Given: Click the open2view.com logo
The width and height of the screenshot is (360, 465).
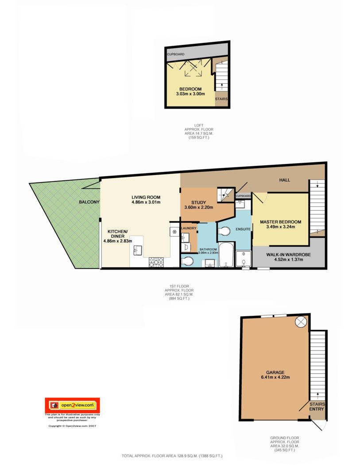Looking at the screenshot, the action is click(72, 405).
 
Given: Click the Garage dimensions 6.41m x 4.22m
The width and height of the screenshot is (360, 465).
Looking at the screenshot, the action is click(275, 377).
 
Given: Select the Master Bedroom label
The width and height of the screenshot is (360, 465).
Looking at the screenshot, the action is click(281, 222).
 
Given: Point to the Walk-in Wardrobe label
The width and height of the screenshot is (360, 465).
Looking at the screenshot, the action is click(289, 255).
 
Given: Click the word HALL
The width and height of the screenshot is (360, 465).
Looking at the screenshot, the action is click(284, 180).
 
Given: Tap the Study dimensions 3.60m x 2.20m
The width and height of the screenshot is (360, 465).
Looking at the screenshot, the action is click(199, 207).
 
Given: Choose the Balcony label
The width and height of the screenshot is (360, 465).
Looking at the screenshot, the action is click(89, 202).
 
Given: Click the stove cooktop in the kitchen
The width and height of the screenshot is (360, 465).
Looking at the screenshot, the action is click(156, 262).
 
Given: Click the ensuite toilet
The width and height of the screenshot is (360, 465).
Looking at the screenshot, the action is click(224, 231).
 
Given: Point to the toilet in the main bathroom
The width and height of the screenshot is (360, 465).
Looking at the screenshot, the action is click(187, 261).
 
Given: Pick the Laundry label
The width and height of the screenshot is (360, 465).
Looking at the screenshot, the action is click(189, 228).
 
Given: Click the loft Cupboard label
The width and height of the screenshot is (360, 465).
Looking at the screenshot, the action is click(175, 54).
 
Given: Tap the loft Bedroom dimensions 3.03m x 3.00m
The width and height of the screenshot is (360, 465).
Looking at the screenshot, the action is click(190, 94).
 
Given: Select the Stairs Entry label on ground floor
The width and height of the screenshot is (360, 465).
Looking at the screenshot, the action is click(317, 407).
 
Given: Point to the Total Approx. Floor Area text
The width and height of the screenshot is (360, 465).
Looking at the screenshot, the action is click(172, 456).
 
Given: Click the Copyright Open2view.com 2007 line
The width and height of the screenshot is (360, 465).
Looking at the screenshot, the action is click(72, 426).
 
